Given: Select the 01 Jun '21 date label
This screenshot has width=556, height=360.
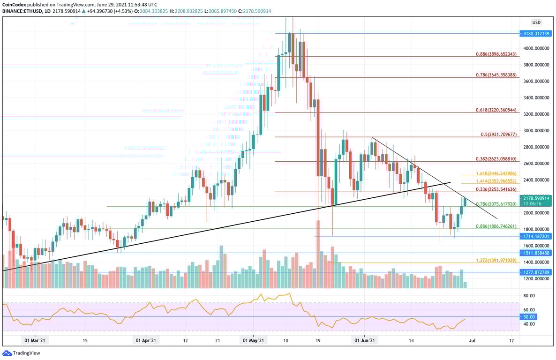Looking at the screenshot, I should point(364,341).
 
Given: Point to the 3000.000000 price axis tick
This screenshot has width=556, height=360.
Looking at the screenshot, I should point(536,131).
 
